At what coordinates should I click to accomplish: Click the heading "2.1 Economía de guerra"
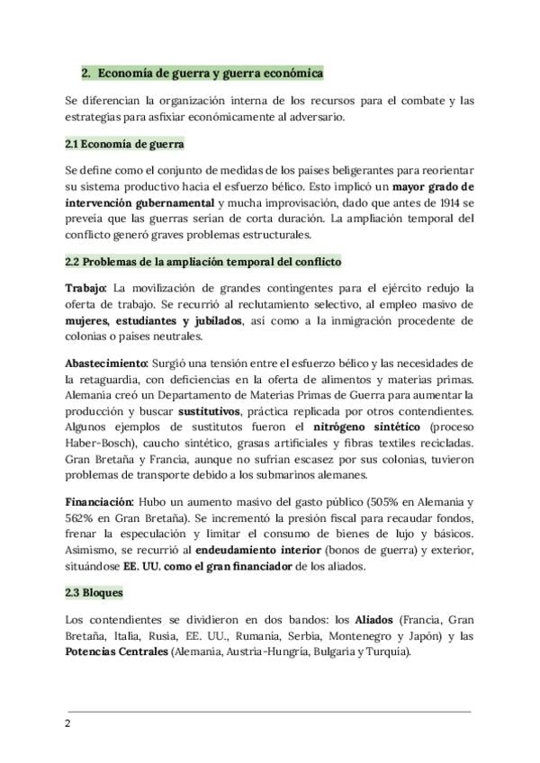tap(125, 144)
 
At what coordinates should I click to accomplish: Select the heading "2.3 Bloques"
tap(94, 594)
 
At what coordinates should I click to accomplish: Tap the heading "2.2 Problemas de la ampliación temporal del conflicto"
tap(202, 261)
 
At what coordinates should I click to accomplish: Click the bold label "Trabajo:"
tap(85, 288)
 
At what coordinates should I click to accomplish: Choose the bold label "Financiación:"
tap(100, 500)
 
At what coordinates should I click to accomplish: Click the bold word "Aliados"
tap(375, 620)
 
